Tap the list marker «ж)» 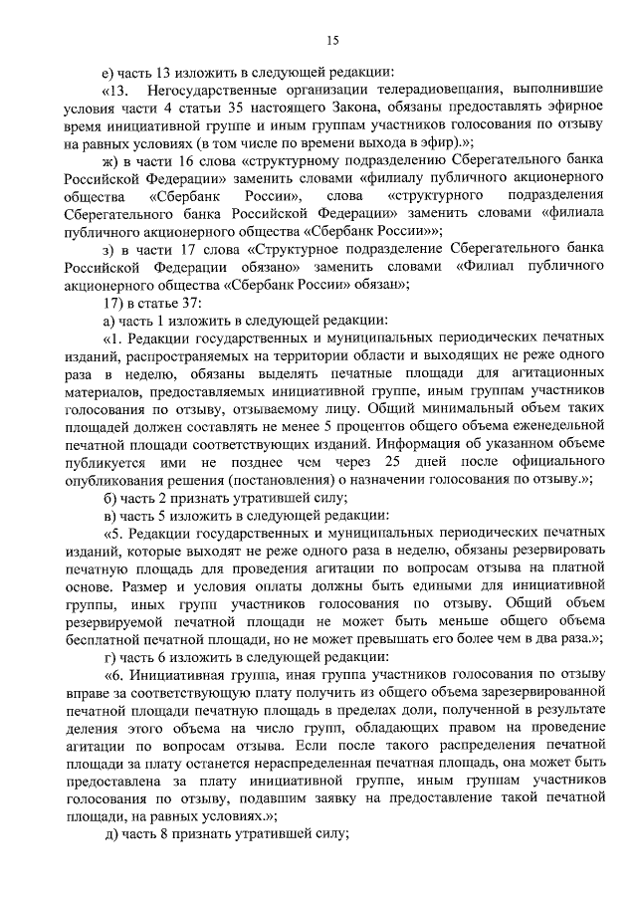pyautogui.click(x=97, y=160)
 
